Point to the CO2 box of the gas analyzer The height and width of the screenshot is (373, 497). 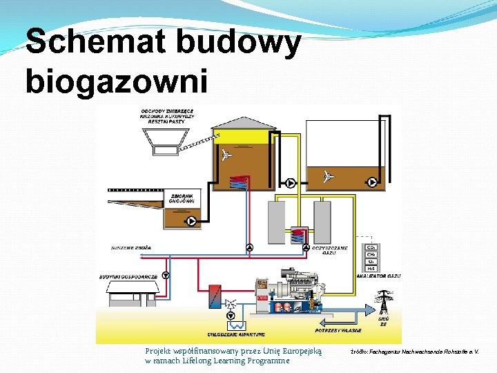point(371,247)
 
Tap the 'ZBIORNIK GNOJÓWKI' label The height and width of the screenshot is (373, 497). point(182,198)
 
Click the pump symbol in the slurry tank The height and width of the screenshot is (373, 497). point(190,222)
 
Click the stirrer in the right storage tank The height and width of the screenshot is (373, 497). point(328,177)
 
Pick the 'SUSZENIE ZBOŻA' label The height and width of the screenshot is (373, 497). point(131,247)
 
